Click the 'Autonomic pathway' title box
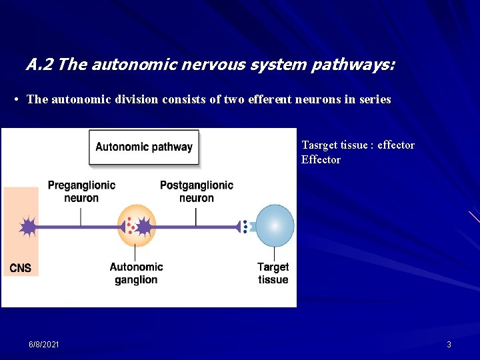[x=144, y=147]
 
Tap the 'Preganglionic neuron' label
[x=81, y=191]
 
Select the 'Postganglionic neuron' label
[x=197, y=191]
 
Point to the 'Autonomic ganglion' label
[x=136, y=273]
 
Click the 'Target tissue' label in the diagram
[x=273, y=273]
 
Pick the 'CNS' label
[x=21, y=268]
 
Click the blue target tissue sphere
[x=275, y=226]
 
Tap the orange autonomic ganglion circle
[x=136, y=226]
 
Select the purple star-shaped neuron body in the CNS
[x=28, y=227]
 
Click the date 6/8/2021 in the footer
[x=44, y=344]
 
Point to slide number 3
[x=449, y=344]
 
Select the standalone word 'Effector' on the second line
[x=321, y=160]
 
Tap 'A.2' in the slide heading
[x=40, y=65]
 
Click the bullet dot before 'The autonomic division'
[x=16, y=100]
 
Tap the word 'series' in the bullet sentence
[x=375, y=99]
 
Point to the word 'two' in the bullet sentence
[x=233, y=99]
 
